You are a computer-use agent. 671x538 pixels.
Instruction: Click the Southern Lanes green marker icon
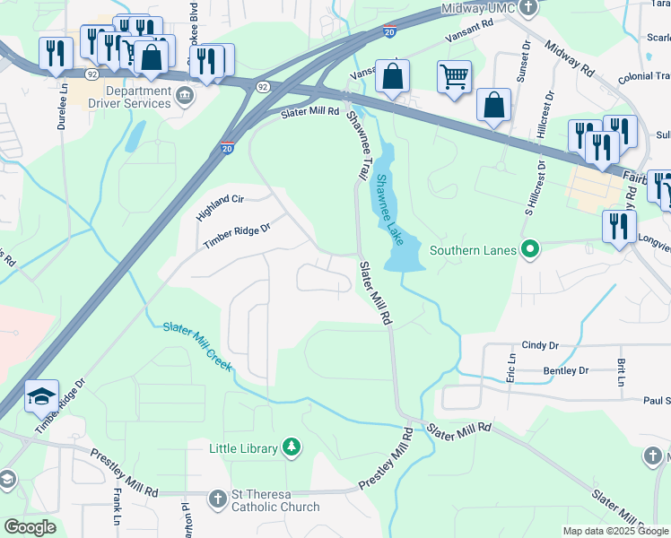pyautogui.click(x=530, y=249)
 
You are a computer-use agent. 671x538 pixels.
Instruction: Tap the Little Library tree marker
pyautogui.click(x=291, y=447)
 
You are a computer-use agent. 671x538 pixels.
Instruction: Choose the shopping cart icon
pyautogui.click(x=455, y=77)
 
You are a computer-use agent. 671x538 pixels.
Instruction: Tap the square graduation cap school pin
pyautogui.click(x=41, y=395)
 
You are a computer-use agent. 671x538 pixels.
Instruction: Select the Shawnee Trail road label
pyautogui.click(x=359, y=145)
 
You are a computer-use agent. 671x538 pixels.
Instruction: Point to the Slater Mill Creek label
pyautogui.click(x=197, y=346)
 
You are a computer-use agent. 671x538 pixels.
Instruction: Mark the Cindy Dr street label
pyautogui.click(x=540, y=345)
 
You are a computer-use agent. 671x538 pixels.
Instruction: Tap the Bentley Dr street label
pyautogui.click(x=565, y=370)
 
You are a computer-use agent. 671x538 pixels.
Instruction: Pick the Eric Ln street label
pyautogui.click(x=511, y=368)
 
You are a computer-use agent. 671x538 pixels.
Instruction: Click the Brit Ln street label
pyautogui.click(x=621, y=372)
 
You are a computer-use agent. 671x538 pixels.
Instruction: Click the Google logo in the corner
pyautogui.click(x=30, y=527)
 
